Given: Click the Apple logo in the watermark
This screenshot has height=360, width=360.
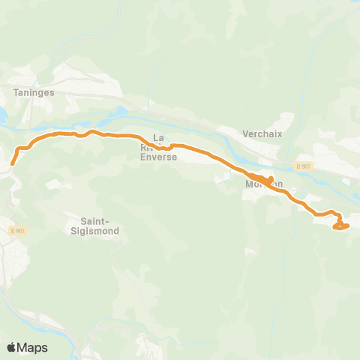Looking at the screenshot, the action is [x=12, y=347].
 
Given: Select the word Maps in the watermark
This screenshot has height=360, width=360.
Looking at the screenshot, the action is [x=33, y=347].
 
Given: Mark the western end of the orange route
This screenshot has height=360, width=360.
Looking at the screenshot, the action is [x=12, y=162].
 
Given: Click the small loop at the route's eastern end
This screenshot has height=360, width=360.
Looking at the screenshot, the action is [x=341, y=224].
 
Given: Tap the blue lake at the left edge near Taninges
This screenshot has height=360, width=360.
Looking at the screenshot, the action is [x=2, y=115].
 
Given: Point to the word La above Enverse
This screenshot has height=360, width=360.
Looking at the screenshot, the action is [x=158, y=138].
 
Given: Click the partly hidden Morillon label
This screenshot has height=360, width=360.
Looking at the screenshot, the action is [x=264, y=184].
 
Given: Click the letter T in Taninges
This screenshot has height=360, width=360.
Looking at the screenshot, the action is [x=16, y=92].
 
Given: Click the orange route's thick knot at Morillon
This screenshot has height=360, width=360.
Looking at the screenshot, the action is [x=264, y=180].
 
